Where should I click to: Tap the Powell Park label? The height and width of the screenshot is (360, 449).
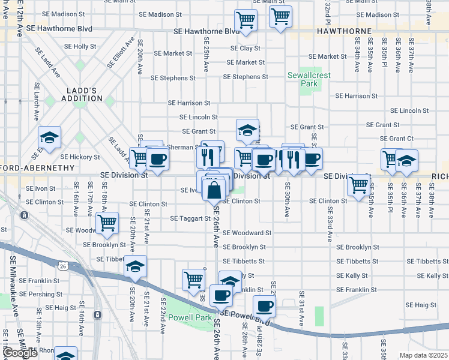coord(189,317)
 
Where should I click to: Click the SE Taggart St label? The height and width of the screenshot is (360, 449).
coord(190,218)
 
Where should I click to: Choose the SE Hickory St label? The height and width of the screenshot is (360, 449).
coord(80,157)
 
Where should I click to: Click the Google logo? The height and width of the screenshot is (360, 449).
coord(20,353)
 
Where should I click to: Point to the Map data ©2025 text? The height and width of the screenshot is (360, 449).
coord(423,355)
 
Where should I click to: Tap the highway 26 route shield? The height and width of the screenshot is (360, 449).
coord(63,264)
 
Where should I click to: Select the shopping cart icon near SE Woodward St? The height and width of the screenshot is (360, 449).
coord(107,223)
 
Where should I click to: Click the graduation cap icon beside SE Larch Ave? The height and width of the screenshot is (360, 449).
coord(49,137)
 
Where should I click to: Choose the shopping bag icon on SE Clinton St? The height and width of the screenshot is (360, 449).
coord(214,190)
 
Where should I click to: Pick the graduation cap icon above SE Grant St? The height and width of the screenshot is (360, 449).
coord(247,130)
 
